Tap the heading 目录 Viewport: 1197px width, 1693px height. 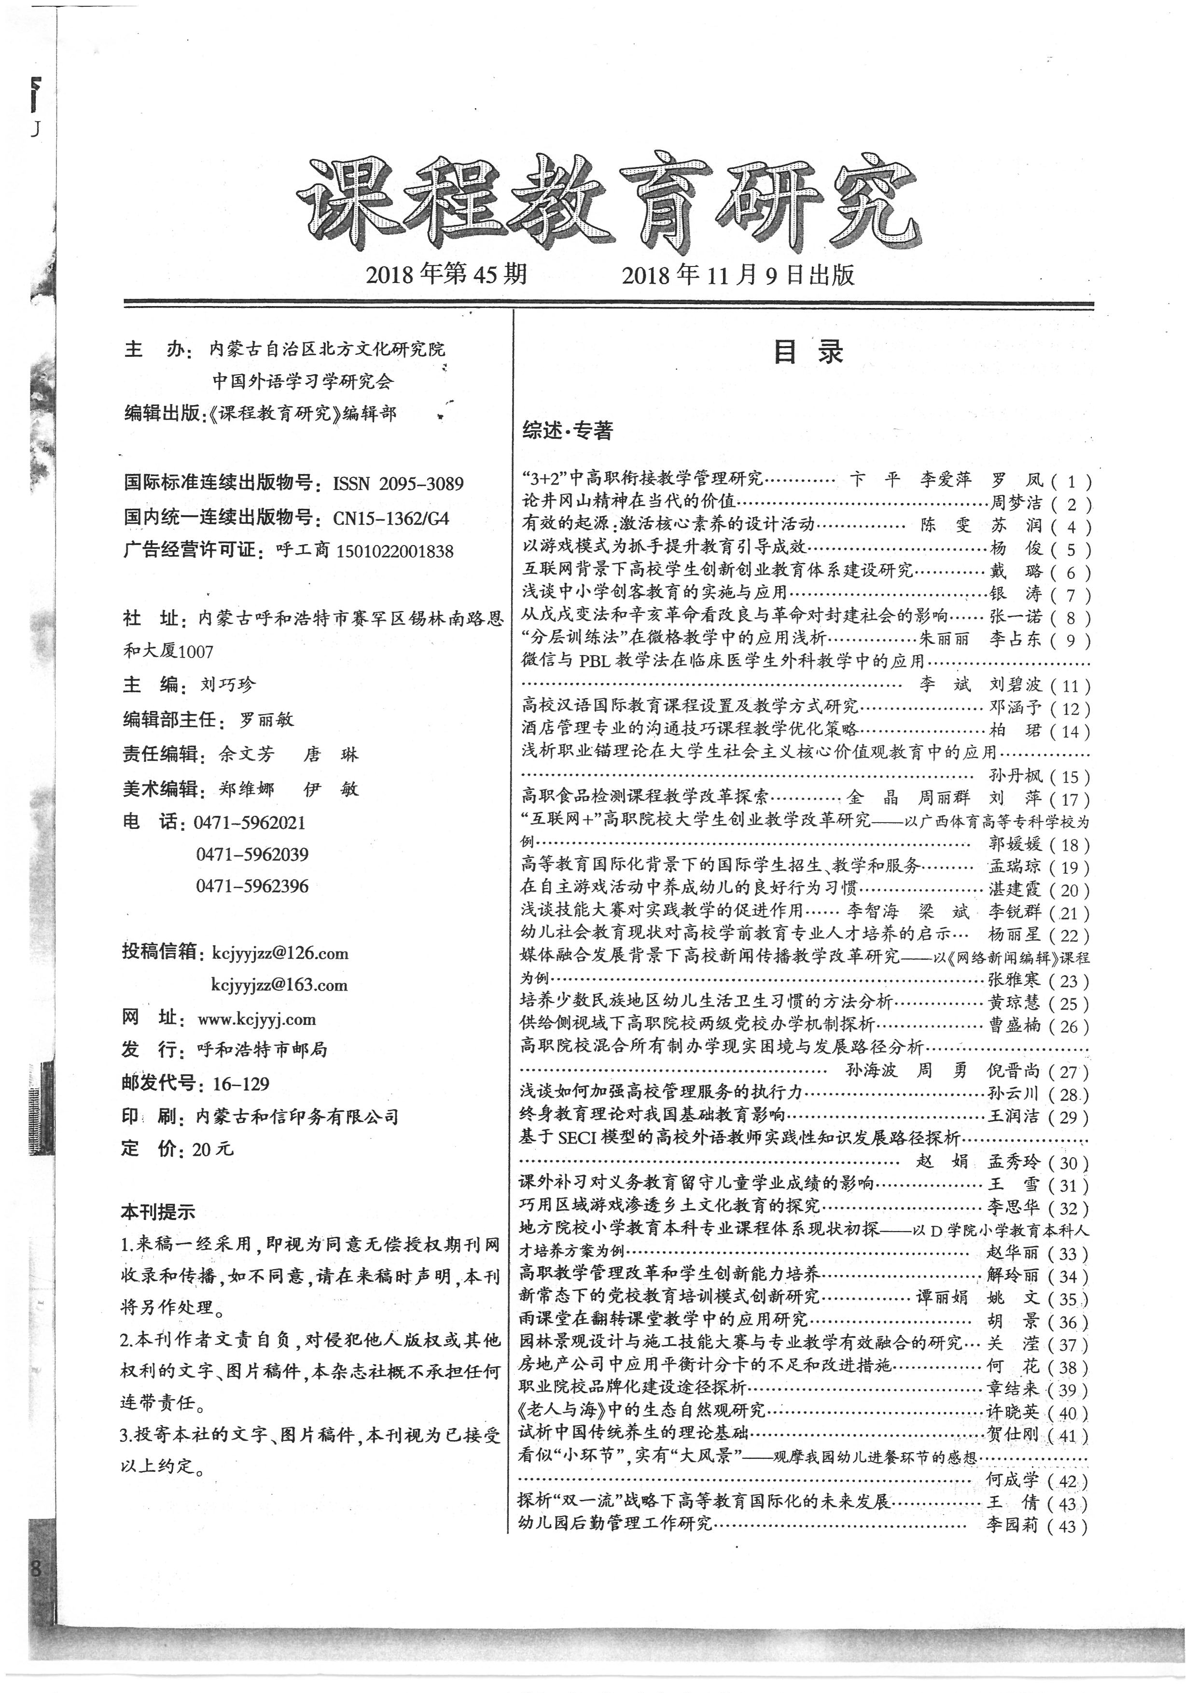(x=808, y=352)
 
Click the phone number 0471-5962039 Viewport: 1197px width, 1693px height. (x=252, y=854)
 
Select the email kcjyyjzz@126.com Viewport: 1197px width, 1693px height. (x=279, y=952)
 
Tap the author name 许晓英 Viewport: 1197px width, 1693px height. (x=1013, y=1412)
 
